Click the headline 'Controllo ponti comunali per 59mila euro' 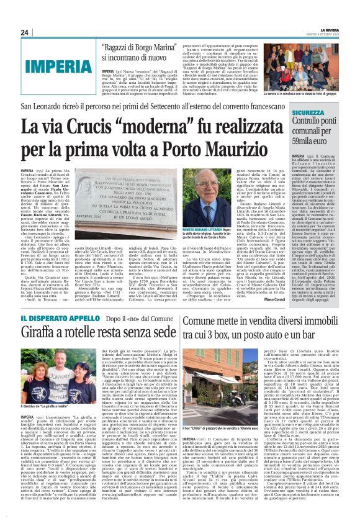(322, 130)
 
